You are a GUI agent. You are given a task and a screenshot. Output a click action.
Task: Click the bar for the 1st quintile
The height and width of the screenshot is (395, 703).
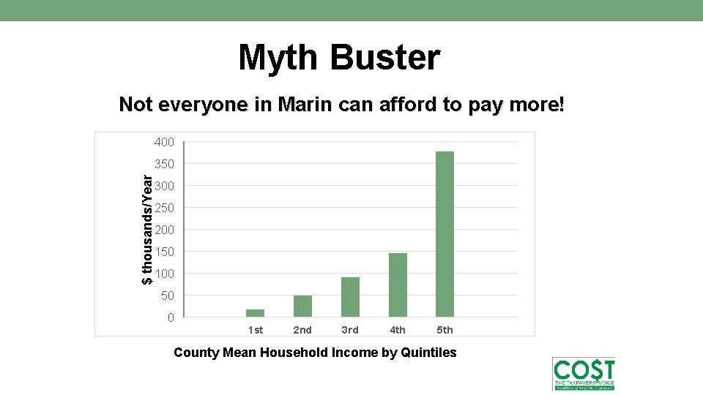tap(255, 313)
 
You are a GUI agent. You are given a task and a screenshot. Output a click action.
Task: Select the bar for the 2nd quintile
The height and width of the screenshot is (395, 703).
tap(302, 306)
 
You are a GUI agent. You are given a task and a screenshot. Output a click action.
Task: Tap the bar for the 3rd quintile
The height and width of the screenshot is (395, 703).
tap(350, 297)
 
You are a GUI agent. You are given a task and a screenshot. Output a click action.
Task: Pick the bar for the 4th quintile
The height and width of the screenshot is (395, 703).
tap(398, 285)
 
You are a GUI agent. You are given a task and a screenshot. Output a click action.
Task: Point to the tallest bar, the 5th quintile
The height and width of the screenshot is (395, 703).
tap(445, 234)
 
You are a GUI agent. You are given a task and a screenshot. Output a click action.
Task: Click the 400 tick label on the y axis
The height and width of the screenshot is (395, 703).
tap(164, 142)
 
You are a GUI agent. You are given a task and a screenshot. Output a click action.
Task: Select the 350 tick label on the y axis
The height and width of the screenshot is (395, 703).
tap(164, 164)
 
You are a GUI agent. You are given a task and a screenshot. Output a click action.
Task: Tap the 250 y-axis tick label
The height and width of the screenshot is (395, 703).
tap(164, 208)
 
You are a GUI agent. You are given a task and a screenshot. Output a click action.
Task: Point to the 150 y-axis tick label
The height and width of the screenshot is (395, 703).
tap(164, 252)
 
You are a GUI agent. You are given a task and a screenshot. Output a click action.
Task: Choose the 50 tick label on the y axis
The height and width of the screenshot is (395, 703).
tap(168, 296)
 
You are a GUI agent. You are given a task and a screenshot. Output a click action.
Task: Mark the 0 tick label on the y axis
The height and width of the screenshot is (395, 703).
tap(171, 317)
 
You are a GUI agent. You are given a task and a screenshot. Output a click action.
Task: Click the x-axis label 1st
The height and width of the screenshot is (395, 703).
tap(256, 331)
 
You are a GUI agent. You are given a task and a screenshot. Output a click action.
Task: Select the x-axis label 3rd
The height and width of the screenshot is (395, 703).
tap(350, 331)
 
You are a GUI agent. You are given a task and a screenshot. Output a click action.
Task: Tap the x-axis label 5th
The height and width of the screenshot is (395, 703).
tap(445, 331)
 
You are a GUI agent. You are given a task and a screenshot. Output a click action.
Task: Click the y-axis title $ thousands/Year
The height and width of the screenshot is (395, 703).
tap(147, 229)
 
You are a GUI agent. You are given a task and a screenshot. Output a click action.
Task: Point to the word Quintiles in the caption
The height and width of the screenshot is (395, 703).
tap(429, 353)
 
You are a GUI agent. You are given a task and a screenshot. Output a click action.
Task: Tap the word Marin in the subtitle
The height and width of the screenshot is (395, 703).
tap(298, 105)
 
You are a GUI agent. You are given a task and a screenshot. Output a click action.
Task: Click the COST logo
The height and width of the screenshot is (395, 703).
tap(584, 374)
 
